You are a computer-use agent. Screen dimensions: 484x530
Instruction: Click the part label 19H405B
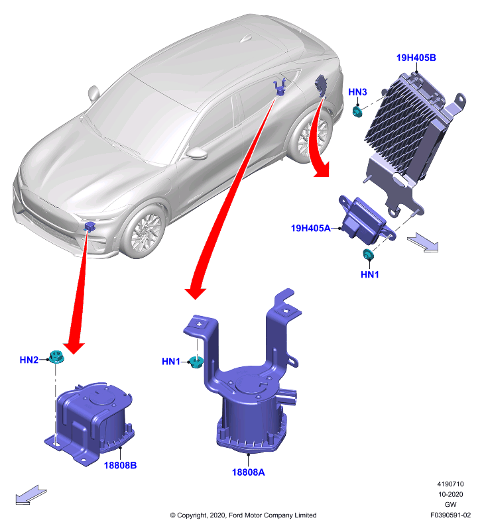(x=416, y=58)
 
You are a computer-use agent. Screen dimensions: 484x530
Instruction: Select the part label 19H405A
(x=310, y=228)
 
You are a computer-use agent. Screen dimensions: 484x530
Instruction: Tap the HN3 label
(x=357, y=92)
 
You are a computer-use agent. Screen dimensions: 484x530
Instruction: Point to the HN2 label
(x=29, y=360)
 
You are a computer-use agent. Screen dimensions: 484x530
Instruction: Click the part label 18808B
(x=120, y=466)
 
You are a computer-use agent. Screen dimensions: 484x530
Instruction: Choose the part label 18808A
(x=248, y=472)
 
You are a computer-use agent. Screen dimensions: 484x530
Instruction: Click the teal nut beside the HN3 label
(x=357, y=111)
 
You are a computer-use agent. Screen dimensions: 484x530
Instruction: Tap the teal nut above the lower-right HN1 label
(x=368, y=254)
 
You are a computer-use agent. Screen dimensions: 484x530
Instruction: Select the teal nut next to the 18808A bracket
(x=196, y=362)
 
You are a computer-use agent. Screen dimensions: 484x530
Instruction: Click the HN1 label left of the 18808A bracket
(x=171, y=361)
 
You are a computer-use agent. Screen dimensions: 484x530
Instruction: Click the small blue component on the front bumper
(x=90, y=226)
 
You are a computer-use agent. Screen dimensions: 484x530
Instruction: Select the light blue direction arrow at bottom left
(x=31, y=495)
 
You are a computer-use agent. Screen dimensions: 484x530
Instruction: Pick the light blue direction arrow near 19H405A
(x=423, y=242)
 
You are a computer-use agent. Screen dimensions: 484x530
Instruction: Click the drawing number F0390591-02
(x=450, y=515)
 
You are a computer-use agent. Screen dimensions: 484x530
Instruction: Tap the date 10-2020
(x=450, y=494)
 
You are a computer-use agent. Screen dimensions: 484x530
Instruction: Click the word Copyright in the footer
(x=192, y=515)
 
